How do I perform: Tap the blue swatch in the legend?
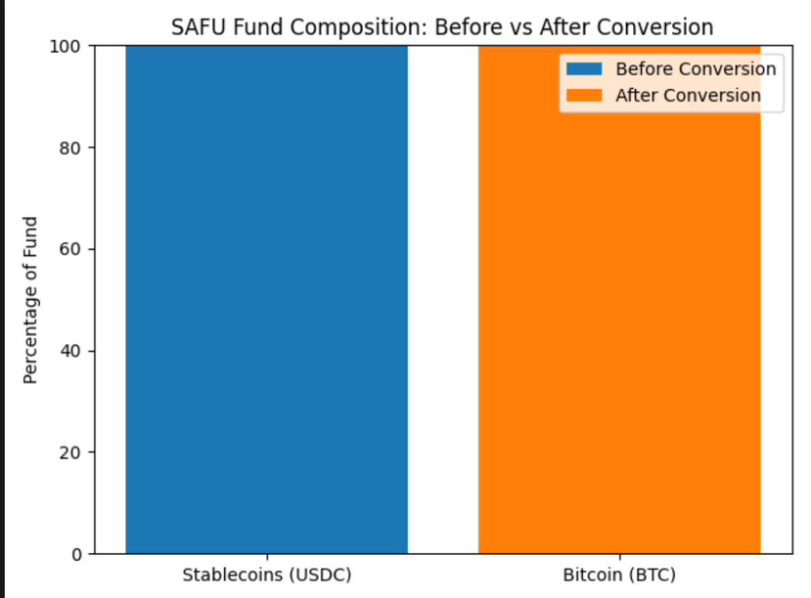click(x=582, y=69)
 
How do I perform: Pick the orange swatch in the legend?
click(x=582, y=96)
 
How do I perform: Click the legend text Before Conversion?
click(x=695, y=69)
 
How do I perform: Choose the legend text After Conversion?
click(x=687, y=96)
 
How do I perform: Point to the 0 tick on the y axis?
click(x=75, y=554)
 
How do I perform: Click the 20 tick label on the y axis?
click(x=70, y=452)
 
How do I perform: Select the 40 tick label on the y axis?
click(x=70, y=351)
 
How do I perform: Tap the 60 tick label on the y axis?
click(x=70, y=249)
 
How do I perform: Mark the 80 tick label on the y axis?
click(x=70, y=148)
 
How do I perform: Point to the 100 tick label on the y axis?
click(x=66, y=46)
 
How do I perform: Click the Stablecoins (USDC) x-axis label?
click(x=266, y=574)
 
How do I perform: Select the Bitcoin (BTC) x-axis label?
click(x=618, y=574)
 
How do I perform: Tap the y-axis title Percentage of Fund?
click(x=30, y=299)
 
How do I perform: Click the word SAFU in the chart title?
click(x=195, y=26)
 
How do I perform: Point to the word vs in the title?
click(x=506, y=26)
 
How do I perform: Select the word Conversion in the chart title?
click(x=657, y=26)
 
